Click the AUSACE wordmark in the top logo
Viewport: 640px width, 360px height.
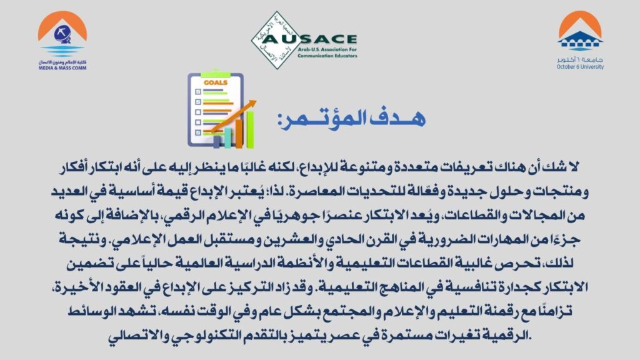pyautogui.click(x=309, y=39)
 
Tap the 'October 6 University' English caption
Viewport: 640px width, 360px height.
pyautogui.click(x=580, y=67)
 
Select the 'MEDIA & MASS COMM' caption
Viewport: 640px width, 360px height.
pyautogui.click(x=62, y=68)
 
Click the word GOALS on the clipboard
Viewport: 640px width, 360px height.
pyautogui.click(x=216, y=82)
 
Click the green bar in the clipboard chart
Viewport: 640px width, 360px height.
pyautogui.click(x=250, y=129)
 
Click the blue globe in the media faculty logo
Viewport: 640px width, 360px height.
pyautogui.click(x=62, y=34)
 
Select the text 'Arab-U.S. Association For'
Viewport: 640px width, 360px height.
pyautogui.click(x=327, y=50)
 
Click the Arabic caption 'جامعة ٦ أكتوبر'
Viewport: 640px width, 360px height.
pyautogui.click(x=580, y=59)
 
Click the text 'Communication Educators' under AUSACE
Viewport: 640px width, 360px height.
pyautogui.click(x=327, y=56)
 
